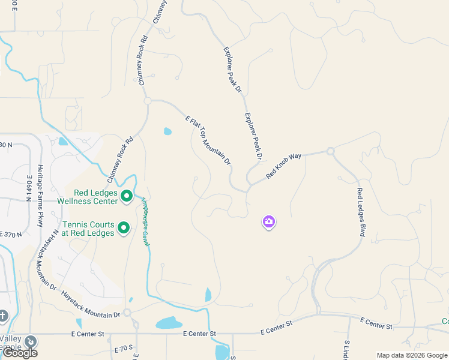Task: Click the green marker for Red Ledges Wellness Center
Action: pyautogui.click(x=127, y=196)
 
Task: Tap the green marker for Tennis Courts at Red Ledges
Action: pyautogui.click(x=124, y=227)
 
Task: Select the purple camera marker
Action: pyautogui.click(x=269, y=222)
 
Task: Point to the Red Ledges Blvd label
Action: pyautogui.click(x=360, y=212)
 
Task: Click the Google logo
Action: pyautogui.click(x=20, y=353)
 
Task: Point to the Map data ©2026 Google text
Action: pyautogui.click(x=411, y=355)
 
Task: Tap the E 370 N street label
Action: pyautogui.click(x=11, y=233)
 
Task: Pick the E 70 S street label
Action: pyautogui.click(x=122, y=347)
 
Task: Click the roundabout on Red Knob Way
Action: pyautogui.click(x=330, y=151)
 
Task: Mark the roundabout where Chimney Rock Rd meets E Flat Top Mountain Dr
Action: pyautogui.click(x=147, y=101)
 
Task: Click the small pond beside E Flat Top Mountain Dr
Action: pyautogui.click(x=167, y=131)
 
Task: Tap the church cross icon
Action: pyautogui.click(x=3, y=316)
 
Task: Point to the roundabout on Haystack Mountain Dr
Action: pyautogui.click(x=127, y=313)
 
